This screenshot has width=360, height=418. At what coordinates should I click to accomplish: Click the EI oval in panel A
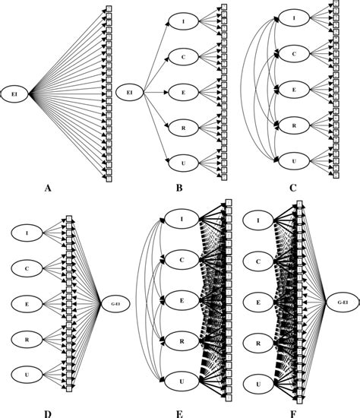14,93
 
